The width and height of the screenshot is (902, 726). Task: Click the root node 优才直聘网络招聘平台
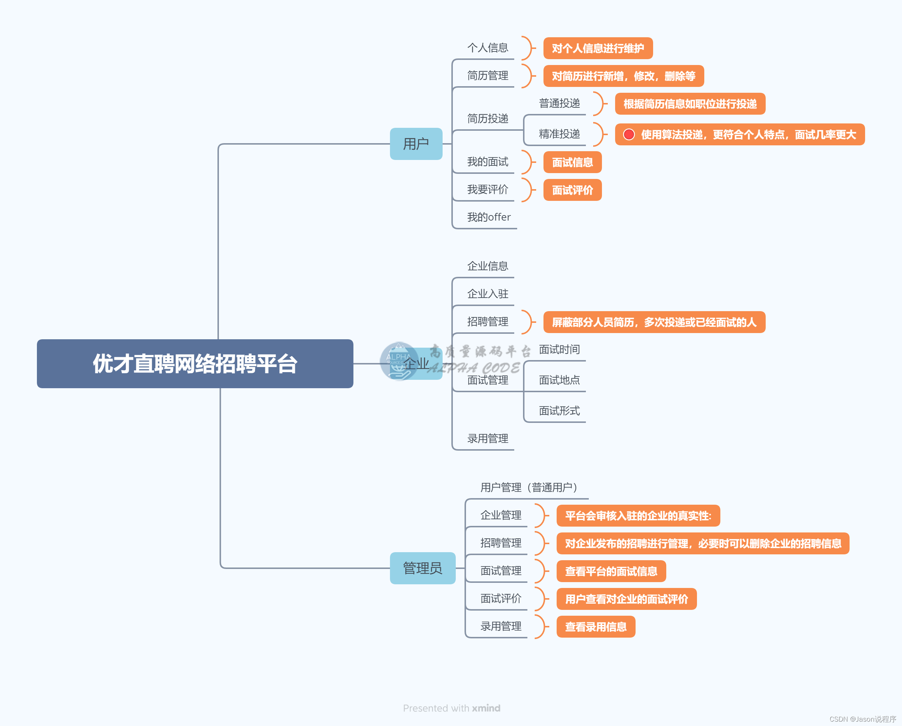pos(195,363)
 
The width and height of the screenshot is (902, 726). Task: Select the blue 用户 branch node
pos(416,144)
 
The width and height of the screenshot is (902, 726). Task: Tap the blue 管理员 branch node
pos(422,568)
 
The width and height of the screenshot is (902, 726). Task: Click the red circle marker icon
pos(629,135)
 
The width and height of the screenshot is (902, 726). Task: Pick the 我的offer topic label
pos(488,217)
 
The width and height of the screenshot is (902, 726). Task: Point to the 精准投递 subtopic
pos(559,134)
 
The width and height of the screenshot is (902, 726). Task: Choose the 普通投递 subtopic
pos(559,103)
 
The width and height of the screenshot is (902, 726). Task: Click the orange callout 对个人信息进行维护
pos(598,49)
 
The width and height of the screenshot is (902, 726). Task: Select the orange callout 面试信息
pos(572,162)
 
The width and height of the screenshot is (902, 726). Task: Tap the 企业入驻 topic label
pos(488,294)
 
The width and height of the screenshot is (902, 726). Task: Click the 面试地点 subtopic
pos(559,380)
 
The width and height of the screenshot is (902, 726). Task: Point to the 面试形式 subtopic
pos(559,411)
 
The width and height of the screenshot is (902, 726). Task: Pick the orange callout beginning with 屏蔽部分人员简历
pos(654,322)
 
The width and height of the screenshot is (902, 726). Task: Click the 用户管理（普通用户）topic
pos(528,487)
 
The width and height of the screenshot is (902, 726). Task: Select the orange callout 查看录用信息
pos(596,626)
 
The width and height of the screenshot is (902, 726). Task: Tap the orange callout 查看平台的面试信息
pos(611,571)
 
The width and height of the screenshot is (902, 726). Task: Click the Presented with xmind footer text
pos(452,708)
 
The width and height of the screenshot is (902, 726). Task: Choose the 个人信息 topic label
pos(488,48)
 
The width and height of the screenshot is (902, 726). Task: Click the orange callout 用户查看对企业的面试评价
pos(626,599)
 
